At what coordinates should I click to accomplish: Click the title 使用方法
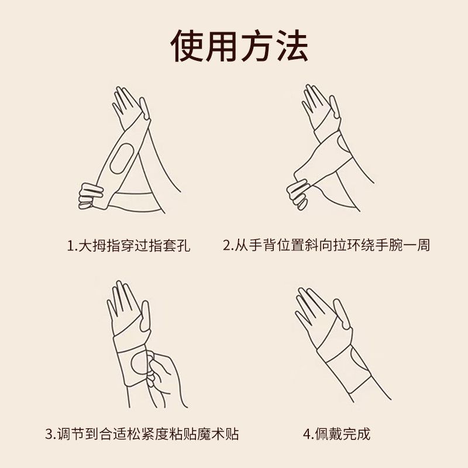coord(239,46)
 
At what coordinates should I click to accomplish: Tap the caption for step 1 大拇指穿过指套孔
coord(129,245)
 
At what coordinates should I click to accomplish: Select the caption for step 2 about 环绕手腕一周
coord(326,245)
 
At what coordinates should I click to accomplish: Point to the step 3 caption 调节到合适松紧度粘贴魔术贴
coord(142,433)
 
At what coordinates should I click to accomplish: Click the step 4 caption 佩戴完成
coord(337,433)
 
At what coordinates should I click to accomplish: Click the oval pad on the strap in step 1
coord(122,159)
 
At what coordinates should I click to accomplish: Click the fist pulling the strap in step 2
coord(297,194)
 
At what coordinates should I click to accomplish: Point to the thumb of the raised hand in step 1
coord(144,108)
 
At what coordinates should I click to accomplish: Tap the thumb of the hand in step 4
coord(342,314)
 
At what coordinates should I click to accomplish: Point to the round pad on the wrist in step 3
coord(140,362)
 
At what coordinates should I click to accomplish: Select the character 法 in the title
coord(291,46)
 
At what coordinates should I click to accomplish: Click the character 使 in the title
coord(187,46)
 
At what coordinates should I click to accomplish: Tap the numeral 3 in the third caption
coord(49,434)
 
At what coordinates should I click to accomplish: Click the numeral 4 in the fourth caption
coord(307,434)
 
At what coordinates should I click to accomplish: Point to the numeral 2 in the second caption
coord(227,246)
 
